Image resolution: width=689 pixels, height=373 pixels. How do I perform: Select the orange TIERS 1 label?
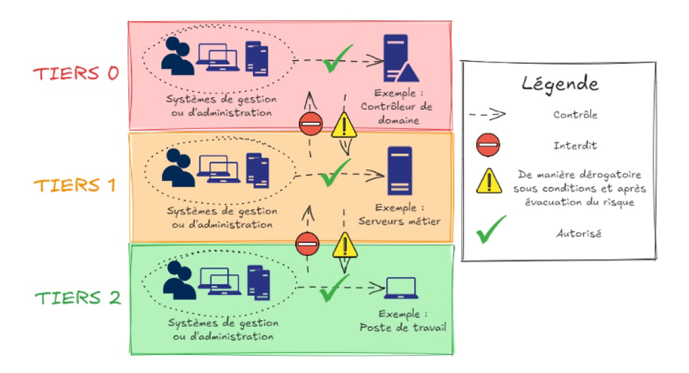[x=75, y=186]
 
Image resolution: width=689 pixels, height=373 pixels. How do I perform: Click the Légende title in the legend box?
[x=560, y=83]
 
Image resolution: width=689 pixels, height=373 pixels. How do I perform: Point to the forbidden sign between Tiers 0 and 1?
[x=310, y=125]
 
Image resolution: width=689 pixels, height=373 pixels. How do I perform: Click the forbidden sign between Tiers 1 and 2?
[x=307, y=244]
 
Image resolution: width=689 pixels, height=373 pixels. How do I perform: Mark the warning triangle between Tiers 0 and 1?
[x=344, y=126]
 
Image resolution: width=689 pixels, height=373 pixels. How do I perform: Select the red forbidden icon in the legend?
[x=488, y=145]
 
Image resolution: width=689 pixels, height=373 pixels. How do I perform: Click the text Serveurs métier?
[x=400, y=220]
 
